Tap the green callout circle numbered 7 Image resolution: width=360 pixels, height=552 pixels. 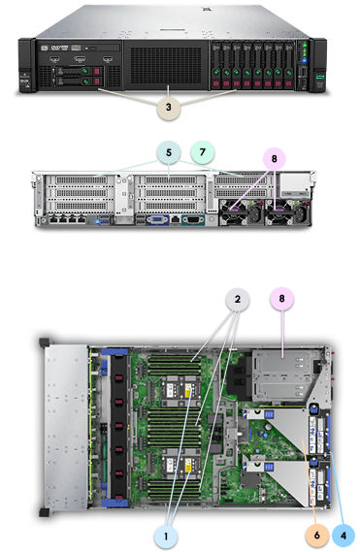click(x=203, y=153)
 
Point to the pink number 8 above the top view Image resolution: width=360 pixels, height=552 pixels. click(x=281, y=300)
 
